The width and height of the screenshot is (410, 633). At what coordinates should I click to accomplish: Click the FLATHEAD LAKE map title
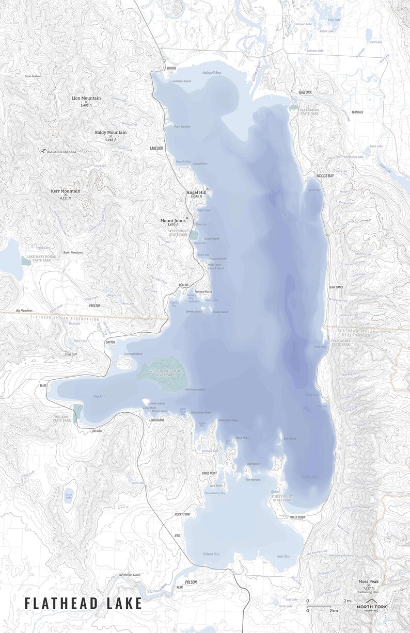pyautogui.click(x=83, y=603)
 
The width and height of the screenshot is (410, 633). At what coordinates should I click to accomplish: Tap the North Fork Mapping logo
pyautogui.click(x=372, y=607)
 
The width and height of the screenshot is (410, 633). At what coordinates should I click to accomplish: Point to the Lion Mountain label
pyautogui.click(x=86, y=98)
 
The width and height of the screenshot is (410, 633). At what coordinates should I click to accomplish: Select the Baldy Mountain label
pyautogui.click(x=111, y=133)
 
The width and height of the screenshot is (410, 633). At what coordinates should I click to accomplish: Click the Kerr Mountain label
pyautogui.click(x=65, y=191)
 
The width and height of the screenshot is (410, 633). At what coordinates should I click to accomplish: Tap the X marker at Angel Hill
pyautogui.click(x=207, y=189)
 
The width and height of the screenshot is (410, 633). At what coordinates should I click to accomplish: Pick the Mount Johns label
pyautogui.click(x=172, y=221)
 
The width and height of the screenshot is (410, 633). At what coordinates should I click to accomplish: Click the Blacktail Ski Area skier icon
pyautogui.click(x=42, y=151)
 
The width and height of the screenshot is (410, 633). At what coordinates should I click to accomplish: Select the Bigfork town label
pyautogui.click(x=306, y=92)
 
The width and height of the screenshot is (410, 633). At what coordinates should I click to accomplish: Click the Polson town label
pyautogui.click(x=191, y=582)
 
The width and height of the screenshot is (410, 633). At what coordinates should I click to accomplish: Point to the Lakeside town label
pyautogui.click(x=156, y=148)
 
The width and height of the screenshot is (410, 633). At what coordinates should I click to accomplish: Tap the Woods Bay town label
pyautogui.click(x=325, y=176)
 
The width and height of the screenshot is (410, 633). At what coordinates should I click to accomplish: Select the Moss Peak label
pyautogui.click(x=368, y=581)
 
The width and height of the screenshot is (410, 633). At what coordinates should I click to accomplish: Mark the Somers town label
pyautogui.click(x=171, y=68)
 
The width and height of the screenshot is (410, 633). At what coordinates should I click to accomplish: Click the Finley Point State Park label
pyautogui.click(x=282, y=498)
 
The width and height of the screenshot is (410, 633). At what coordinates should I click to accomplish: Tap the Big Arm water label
pyautogui.click(x=100, y=396)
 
